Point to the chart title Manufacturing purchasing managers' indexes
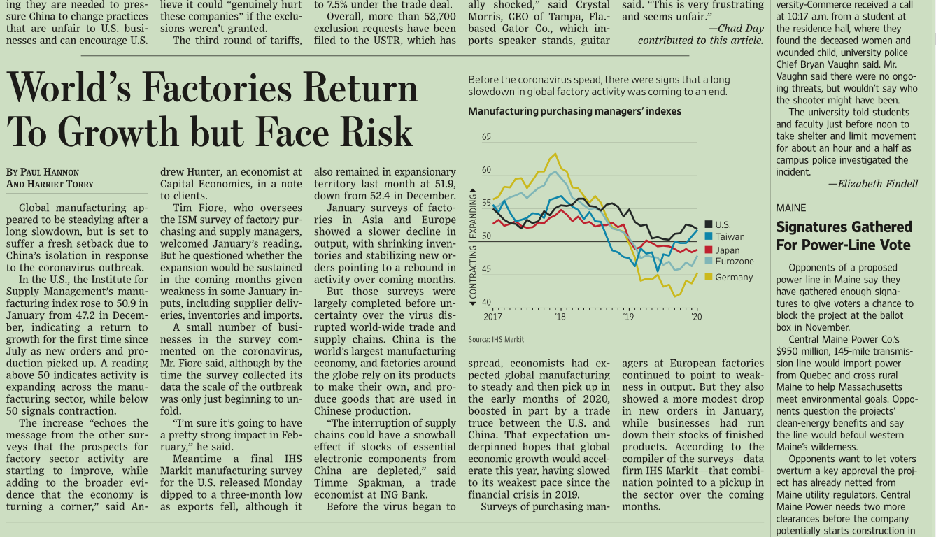point(574,111)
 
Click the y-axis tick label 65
point(486,137)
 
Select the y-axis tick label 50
point(486,236)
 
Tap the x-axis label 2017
point(492,317)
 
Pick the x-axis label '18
point(560,317)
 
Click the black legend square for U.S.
point(708,224)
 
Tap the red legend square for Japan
point(708,250)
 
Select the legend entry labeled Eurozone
point(734,262)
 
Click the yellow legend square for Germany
point(708,277)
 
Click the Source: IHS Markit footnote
point(496,340)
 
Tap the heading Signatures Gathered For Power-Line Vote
point(844,236)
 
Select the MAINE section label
point(790,208)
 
